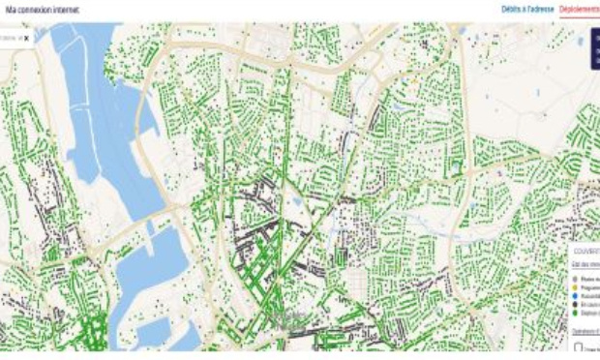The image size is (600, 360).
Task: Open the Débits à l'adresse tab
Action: coord(527,10)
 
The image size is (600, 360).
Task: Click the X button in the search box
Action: coord(26,38)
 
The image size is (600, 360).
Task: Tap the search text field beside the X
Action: coord(9,38)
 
